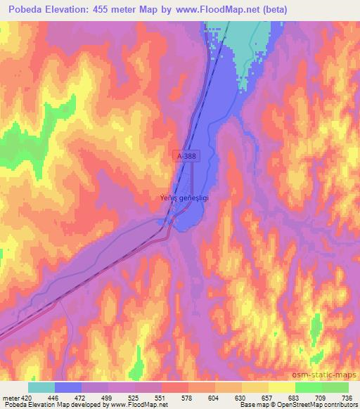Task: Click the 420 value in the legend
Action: click(x=27, y=398)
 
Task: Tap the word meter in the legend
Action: click(x=11, y=398)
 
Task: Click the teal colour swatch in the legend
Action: click(x=41, y=387)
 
